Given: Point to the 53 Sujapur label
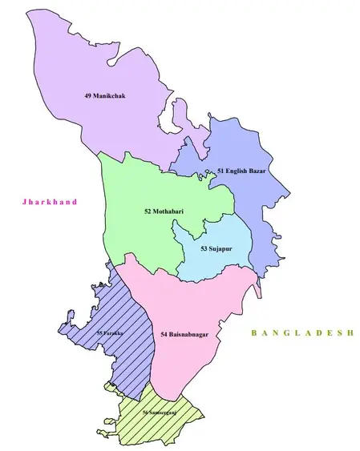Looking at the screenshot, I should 216,248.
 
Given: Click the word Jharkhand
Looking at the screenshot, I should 50,203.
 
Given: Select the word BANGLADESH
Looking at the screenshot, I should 301,332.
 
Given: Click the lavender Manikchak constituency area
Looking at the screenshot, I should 88,56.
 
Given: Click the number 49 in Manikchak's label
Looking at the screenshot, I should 87,96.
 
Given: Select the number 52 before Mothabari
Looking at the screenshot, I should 148,211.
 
